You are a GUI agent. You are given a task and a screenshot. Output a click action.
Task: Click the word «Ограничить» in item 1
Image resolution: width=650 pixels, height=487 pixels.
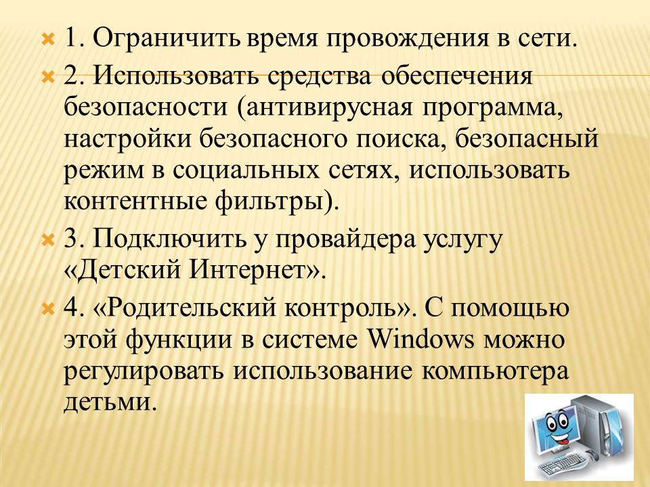pyautogui.click(x=167, y=39)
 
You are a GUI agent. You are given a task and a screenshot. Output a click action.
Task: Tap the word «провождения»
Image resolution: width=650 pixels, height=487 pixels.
pyautogui.click(x=407, y=40)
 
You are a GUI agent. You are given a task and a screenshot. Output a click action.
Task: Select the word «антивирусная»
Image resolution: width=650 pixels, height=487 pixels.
pyautogui.click(x=330, y=108)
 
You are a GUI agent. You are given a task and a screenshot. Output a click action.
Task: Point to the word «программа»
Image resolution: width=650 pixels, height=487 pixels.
pyautogui.click(x=493, y=108)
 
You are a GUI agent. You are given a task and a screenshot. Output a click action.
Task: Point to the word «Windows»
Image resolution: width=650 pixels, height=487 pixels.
pyautogui.click(x=420, y=340)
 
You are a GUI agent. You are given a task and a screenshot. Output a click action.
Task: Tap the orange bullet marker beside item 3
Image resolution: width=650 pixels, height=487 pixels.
pyautogui.click(x=49, y=239)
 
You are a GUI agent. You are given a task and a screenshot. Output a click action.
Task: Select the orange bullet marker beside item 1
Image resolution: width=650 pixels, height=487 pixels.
pyautogui.click(x=49, y=40)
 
